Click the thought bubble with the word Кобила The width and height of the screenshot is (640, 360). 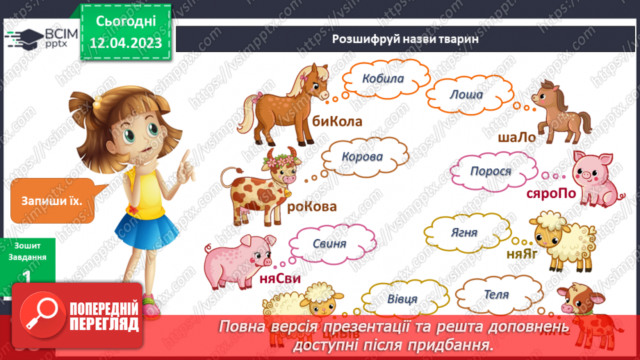click(x=383, y=79)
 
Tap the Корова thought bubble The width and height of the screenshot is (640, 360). click(x=362, y=156)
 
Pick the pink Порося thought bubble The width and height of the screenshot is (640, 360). click(x=491, y=171)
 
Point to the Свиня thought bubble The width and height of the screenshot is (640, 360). click(x=329, y=244)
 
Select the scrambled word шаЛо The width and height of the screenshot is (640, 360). click(x=517, y=138)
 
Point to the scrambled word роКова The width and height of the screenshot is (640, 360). click(x=311, y=206)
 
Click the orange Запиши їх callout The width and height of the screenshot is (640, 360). click(x=52, y=201)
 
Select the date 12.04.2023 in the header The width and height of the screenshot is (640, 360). click(x=125, y=43)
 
